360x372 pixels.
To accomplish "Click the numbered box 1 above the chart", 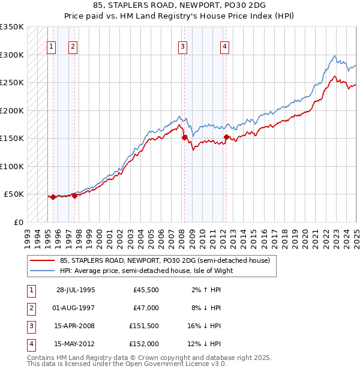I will coord(51,47).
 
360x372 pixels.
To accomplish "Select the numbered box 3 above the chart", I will coord(182,47).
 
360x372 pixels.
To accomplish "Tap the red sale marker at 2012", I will coord(226,137).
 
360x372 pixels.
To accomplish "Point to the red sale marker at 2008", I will coord(184,137).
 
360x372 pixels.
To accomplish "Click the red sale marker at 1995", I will coord(53,197).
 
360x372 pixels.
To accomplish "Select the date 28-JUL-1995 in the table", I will coord(76,290).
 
